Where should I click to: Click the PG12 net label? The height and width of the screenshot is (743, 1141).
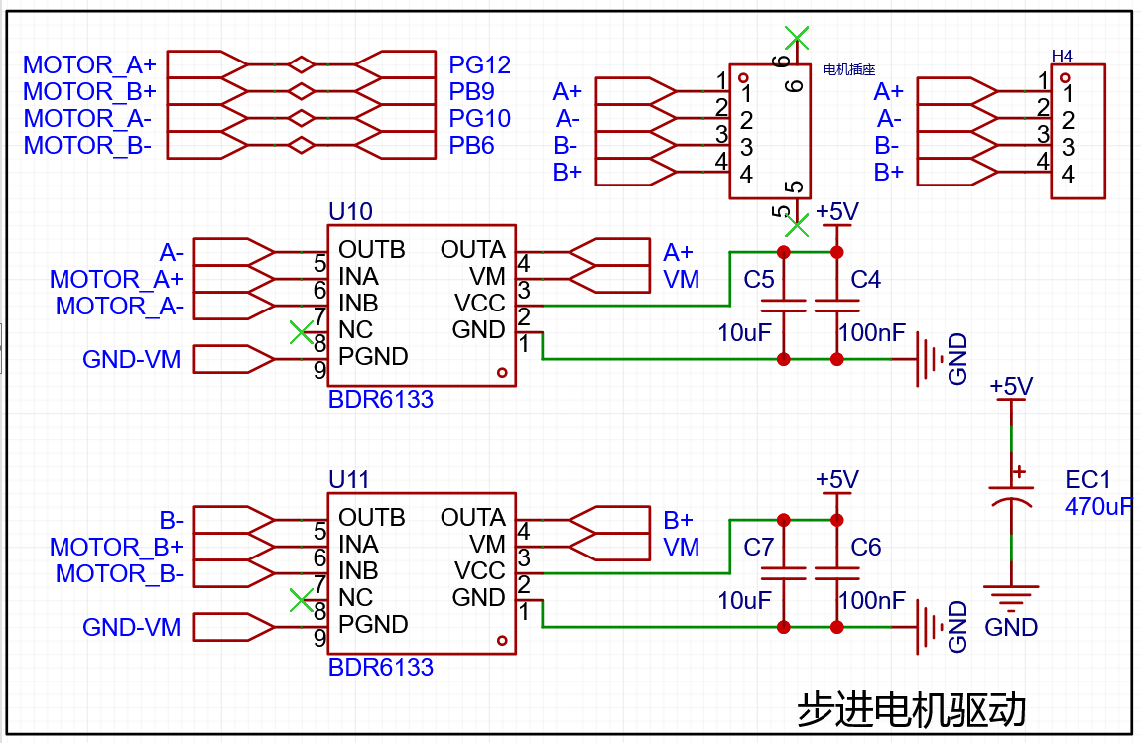(x=479, y=64)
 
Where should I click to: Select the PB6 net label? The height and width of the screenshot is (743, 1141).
(x=471, y=146)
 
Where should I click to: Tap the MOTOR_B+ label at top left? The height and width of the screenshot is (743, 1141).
(x=89, y=91)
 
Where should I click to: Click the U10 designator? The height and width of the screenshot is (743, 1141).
(x=351, y=211)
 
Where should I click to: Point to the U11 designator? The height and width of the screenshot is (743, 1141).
(x=349, y=479)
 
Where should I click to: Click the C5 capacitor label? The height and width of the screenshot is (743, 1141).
(x=758, y=280)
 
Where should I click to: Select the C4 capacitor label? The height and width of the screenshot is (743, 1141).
(x=866, y=280)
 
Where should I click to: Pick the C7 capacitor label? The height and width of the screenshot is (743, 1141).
(x=758, y=548)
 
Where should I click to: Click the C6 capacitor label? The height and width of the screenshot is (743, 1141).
(x=866, y=548)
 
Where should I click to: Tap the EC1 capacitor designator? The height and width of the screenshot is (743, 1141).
(x=1087, y=479)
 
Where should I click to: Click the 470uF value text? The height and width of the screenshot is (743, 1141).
(x=1098, y=507)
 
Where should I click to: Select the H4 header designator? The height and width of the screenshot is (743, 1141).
(x=1062, y=56)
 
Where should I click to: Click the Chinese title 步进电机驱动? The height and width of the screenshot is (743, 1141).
(x=912, y=709)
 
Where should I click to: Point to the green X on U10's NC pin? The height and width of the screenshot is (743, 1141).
(x=302, y=332)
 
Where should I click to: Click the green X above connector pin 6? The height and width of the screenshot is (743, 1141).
(x=797, y=37)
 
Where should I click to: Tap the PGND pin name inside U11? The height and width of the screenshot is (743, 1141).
(x=373, y=624)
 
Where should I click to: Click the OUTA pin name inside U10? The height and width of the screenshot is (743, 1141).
(x=473, y=250)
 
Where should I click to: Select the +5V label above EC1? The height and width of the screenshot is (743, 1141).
(x=1011, y=386)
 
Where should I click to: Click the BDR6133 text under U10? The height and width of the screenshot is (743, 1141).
(x=381, y=399)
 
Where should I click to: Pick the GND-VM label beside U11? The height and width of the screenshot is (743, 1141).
(x=132, y=627)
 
